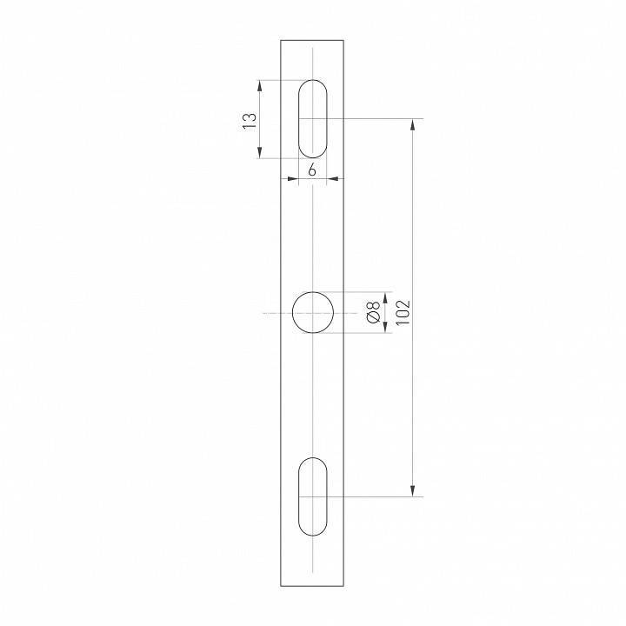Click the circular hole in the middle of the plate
pos(313,313)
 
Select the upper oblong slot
pos(313,119)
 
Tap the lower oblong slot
pos(313,496)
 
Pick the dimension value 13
pos(250,120)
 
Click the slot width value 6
pos(312,170)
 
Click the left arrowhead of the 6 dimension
pos(293,179)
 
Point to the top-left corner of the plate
pos(281,40)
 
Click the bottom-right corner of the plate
pos(344,586)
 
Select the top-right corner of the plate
pos(344,40)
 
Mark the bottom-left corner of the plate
pos(281,586)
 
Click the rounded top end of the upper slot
pos(313,83)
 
